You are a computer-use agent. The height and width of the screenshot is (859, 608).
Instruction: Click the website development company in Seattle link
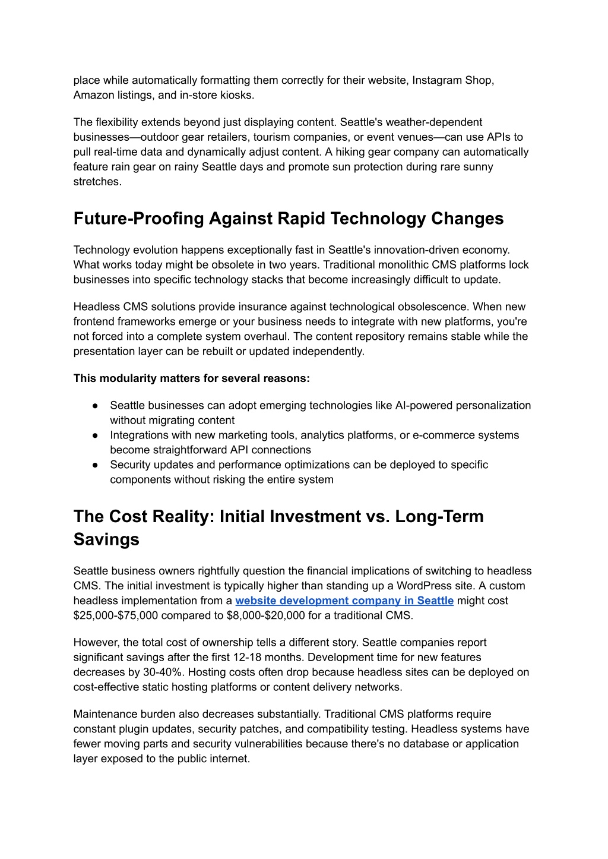344,601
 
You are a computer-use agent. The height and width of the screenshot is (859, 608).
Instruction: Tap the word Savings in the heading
106,539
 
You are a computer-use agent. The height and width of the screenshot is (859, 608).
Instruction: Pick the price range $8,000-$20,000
266,615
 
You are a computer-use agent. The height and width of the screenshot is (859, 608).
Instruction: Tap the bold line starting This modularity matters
191,378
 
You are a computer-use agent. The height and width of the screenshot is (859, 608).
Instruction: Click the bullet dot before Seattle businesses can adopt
95,405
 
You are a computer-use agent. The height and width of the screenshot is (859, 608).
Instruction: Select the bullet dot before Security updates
95,465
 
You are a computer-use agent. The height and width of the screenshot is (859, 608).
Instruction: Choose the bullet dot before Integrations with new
95,435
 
